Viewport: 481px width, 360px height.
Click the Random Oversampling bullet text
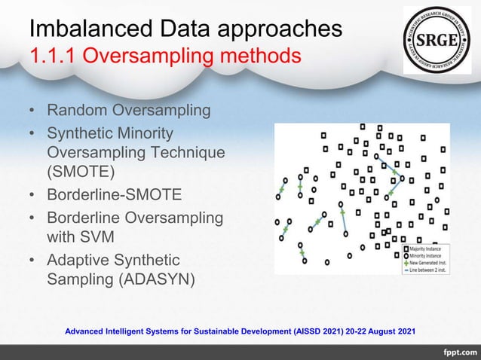(x=129, y=111)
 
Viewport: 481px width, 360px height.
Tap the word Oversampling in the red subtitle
(x=141, y=56)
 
